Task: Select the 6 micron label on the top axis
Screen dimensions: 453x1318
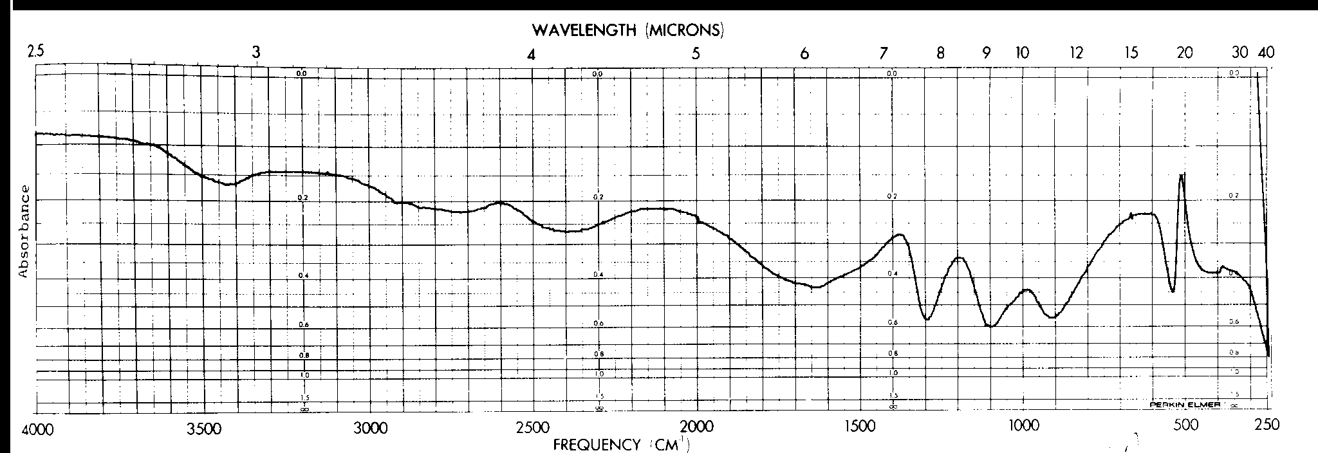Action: (804, 54)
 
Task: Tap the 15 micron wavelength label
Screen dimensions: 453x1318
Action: (1131, 53)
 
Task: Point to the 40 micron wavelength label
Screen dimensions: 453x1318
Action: (1267, 52)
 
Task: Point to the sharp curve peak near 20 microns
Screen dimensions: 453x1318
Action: (1182, 174)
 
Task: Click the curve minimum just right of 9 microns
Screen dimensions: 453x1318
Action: (991, 326)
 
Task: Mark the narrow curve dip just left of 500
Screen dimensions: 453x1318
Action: (1173, 291)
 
